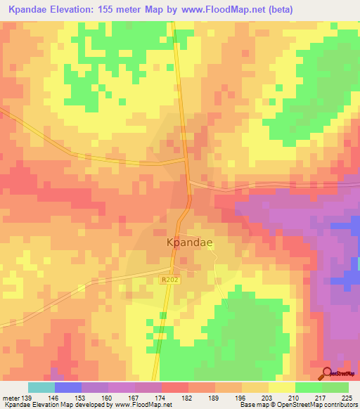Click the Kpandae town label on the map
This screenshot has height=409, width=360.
pyautogui.click(x=189, y=242)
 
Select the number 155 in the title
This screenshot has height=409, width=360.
pyautogui.click(x=122, y=9)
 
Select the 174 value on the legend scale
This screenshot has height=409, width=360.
pyautogui.click(x=161, y=397)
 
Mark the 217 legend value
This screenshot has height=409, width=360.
pyautogui.click(x=322, y=397)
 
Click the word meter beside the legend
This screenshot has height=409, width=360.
pyautogui.click(x=11, y=397)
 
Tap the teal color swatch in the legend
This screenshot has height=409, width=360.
pyautogui.click(x=41, y=387)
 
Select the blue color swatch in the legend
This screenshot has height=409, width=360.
pyautogui.click(x=68, y=387)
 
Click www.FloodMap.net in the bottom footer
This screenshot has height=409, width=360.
pyautogui.click(x=145, y=405)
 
